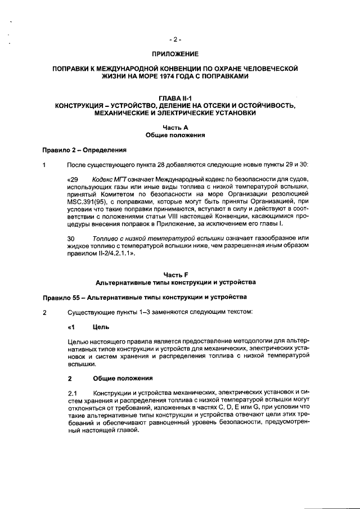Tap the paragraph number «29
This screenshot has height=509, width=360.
pos(73,178)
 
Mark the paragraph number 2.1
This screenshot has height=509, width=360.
pos(72,392)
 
